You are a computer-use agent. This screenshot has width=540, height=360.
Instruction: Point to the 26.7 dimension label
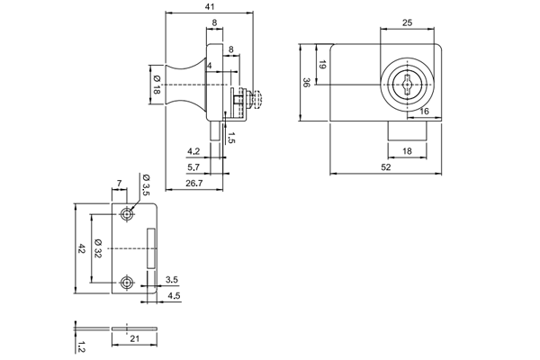(193, 184)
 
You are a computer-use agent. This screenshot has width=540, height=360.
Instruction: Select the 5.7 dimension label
(193, 167)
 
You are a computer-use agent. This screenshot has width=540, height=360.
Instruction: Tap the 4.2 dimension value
(193, 150)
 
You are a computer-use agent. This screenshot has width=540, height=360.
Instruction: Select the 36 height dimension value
(306, 82)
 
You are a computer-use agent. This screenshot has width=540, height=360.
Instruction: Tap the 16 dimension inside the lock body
(424, 111)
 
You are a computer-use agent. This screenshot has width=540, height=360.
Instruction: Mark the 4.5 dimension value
(173, 296)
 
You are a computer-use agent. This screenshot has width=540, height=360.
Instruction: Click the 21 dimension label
(133, 337)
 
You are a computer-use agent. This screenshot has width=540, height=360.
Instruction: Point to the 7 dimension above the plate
(119, 184)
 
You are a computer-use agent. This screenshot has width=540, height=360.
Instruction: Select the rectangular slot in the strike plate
(151, 248)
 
